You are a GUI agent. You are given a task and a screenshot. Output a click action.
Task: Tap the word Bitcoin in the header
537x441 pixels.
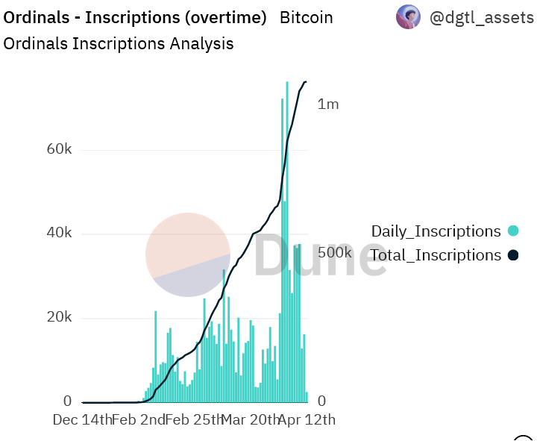306,17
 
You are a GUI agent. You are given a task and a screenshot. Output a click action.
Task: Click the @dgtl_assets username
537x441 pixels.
483,17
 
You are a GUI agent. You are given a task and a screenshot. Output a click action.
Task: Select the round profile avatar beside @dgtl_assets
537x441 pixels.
408,16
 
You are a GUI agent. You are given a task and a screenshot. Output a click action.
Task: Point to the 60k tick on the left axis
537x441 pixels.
58,149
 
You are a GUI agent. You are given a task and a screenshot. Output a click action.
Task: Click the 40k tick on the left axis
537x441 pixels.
58,234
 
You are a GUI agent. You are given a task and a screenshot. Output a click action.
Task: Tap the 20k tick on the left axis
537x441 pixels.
58,318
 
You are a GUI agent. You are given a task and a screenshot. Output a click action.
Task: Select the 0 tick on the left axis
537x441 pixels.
67,401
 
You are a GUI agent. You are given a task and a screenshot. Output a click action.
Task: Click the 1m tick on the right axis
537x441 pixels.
328,104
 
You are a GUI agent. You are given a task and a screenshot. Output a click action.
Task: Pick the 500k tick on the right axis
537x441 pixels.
334,252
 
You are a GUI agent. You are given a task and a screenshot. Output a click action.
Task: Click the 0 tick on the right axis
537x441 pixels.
322,401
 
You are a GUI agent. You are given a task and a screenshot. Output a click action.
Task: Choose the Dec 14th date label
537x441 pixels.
82,419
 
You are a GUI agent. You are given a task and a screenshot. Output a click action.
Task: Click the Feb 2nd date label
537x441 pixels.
139,419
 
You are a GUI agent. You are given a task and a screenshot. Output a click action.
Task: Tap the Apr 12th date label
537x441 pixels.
307,419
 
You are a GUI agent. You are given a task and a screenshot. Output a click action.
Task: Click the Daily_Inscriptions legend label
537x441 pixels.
436,231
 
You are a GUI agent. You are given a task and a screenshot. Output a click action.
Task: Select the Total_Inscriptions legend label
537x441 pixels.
436,255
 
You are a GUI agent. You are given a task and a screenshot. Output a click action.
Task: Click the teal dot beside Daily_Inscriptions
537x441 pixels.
512,231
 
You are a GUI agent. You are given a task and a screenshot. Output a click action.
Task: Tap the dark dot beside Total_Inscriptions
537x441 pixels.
512,255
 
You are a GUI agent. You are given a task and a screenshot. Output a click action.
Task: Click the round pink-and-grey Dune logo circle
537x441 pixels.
187,254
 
